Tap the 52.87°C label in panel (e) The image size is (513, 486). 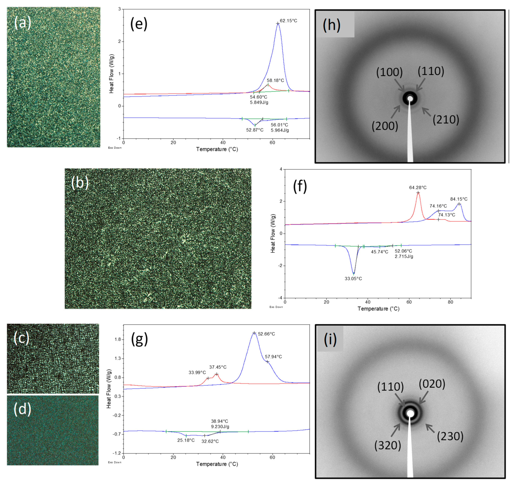[x=255, y=130]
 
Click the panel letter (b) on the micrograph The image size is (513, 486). [x=80, y=183]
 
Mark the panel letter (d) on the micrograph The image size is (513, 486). [x=22, y=409]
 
